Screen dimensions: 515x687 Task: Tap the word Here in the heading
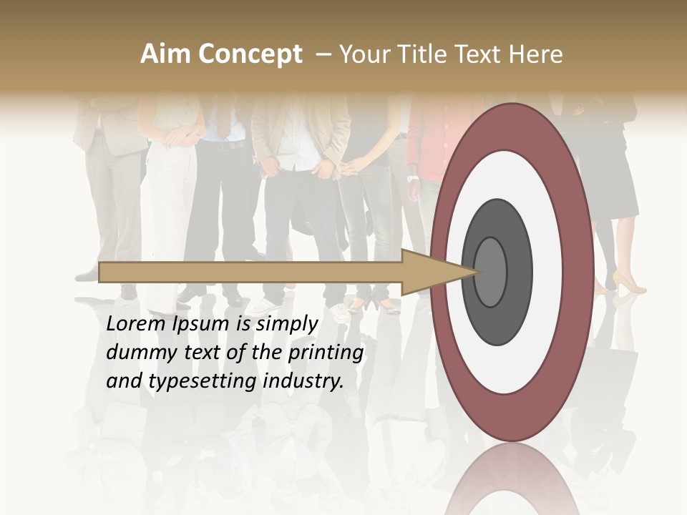(x=535, y=54)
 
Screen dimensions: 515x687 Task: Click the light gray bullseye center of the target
(x=490, y=272)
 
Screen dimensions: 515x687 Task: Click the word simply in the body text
(x=286, y=324)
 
